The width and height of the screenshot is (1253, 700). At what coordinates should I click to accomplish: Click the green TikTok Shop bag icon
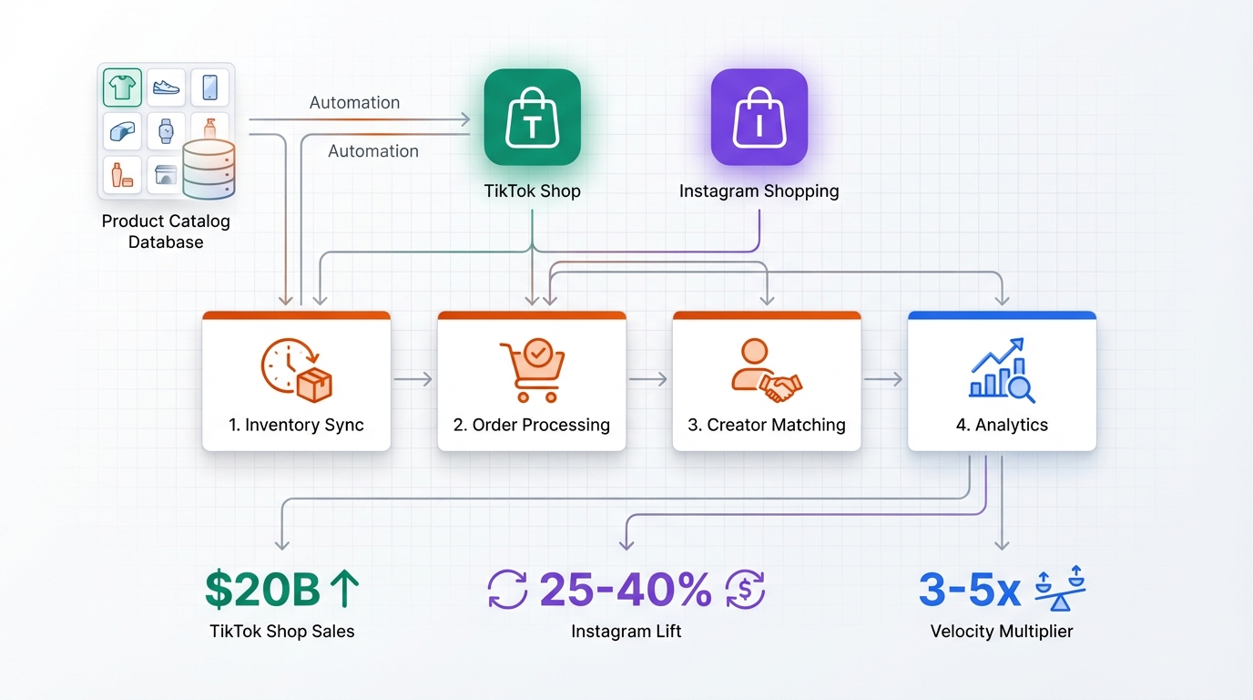pyautogui.click(x=532, y=118)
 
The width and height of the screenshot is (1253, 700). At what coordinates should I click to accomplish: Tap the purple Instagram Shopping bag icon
pyautogui.click(x=759, y=118)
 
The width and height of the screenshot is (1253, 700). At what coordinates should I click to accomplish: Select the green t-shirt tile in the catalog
pyautogui.click(x=122, y=87)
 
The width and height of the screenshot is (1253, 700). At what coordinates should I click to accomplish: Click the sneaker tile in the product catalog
pyautogui.click(x=166, y=87)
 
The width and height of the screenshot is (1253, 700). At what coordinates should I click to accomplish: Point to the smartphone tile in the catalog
pyautogui.click(x=209, y=87)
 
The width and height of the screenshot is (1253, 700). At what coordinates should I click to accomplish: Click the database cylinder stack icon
pyautogui.click(x=209, y=170)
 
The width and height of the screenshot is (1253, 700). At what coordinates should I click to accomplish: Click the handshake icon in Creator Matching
pyautogui.click(x=766, y=369)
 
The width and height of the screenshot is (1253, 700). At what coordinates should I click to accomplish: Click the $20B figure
pyautogui.click(x=262, y=590)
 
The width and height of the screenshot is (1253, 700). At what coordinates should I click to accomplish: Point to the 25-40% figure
pyautogui.click(x=626, y=590)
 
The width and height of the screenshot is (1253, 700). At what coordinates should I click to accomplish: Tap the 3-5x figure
pyautogui.click(x=969, y=590)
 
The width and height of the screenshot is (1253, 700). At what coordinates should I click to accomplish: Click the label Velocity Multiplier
pyautogui.click(x=1002, y=631)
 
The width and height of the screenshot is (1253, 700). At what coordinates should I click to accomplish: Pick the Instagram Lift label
pyautogui.click(x=626, y=631)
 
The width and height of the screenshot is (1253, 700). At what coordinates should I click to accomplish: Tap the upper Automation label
pyautogui.click(x=354, y=103)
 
